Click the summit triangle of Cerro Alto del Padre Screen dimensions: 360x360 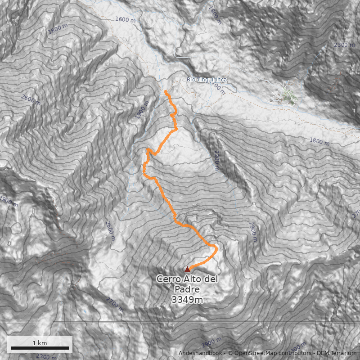(187, 269)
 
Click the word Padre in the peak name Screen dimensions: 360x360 (187, 289)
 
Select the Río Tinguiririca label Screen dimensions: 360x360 (207, 80)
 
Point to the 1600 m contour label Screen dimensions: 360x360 (125, 19)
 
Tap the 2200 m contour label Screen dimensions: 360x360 (217, 161)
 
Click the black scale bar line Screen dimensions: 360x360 (40, 348)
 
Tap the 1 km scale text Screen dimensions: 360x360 (40, 343)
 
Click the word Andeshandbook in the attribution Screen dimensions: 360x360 (200, 353)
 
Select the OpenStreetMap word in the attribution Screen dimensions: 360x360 (255, 353)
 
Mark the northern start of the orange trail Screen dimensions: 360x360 (166, 91)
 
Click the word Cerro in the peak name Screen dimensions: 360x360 (169, 279)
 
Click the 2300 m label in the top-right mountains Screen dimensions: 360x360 (344, 45)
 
